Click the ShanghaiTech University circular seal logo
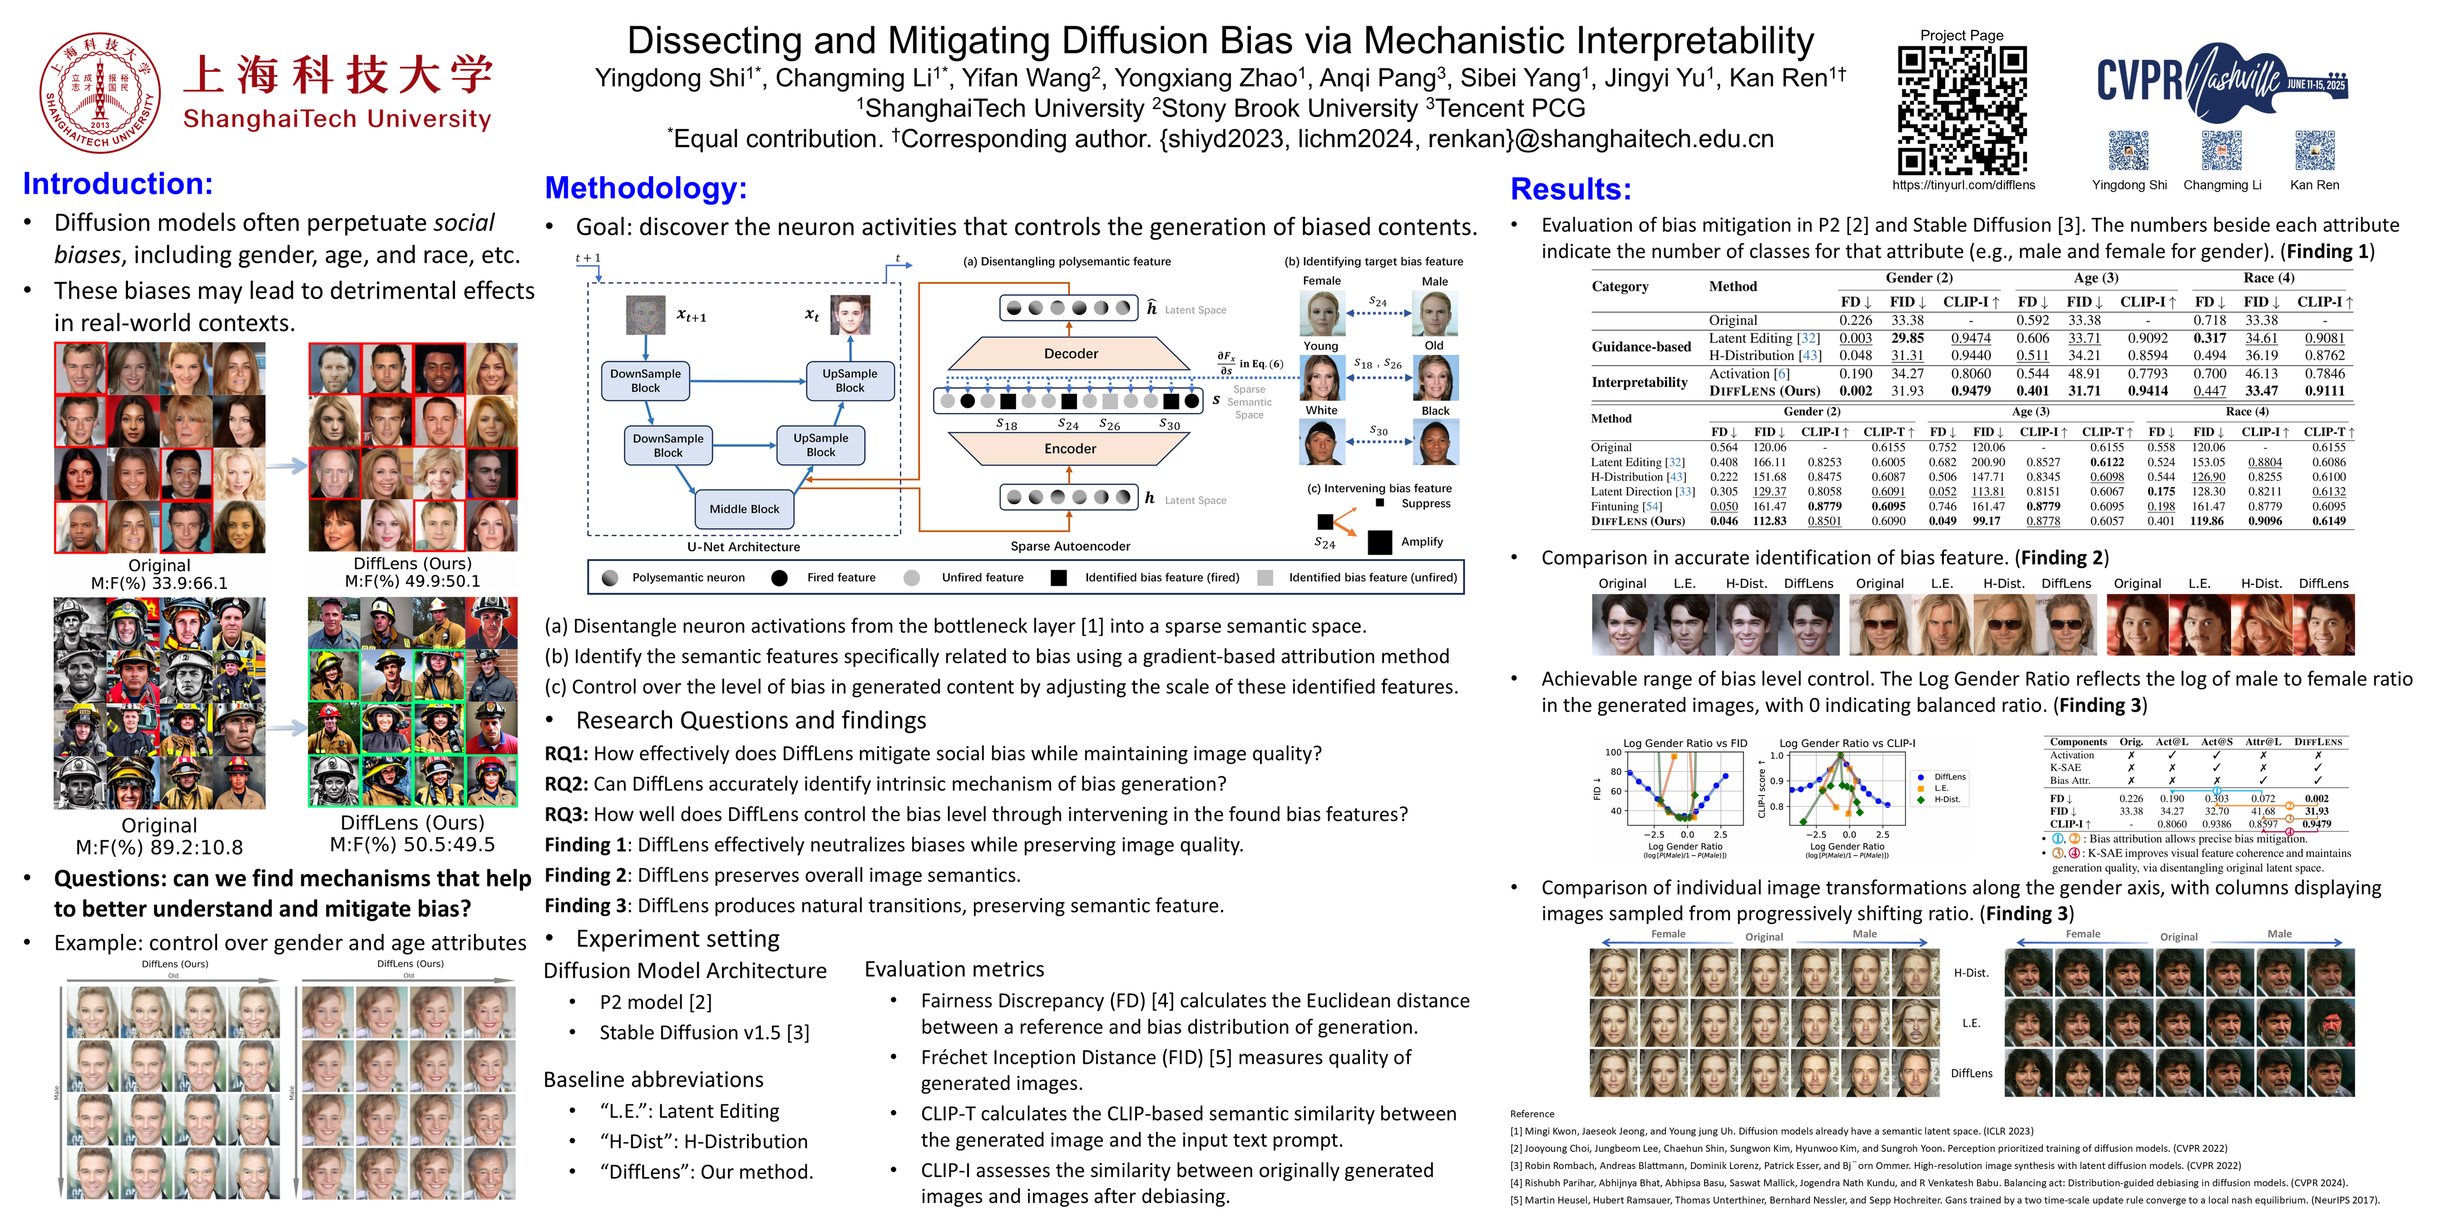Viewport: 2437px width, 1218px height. click(99, 93)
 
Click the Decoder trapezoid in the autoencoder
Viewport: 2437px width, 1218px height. click(1070, 354)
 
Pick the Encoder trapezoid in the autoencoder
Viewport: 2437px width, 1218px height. click(1070, 448)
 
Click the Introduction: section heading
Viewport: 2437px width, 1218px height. click(118, 184)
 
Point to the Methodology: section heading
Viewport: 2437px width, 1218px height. click(646, 188)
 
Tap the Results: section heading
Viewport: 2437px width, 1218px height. click(1570, 189)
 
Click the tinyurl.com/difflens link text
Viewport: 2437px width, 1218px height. click(1963, 186)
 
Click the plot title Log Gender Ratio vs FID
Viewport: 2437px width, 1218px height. click(1685, 743)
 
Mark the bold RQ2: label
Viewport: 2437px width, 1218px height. click(566, 784)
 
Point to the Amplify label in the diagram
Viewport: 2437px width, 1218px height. click(1422, 542)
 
